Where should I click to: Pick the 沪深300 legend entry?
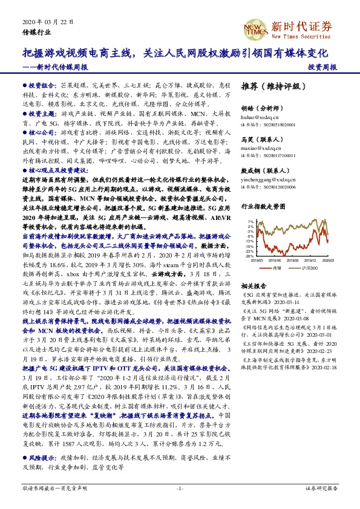pos(306,267)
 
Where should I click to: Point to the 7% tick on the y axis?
pos(249,221)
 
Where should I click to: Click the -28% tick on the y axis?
pos(249,256)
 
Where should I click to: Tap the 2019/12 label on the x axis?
pos(312,261)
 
